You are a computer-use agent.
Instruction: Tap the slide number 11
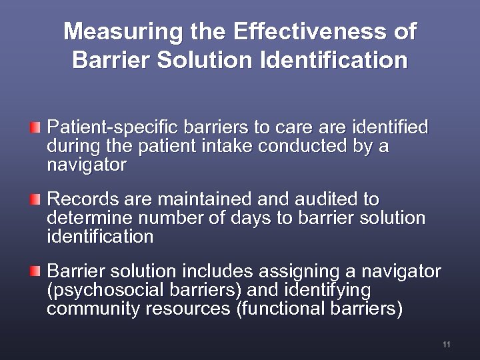tap(446, 344)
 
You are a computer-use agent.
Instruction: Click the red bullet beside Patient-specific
tap(36, 126)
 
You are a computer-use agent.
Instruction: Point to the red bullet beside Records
tap(36, 199)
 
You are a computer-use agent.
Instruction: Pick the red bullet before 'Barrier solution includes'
tap(36, 271)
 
